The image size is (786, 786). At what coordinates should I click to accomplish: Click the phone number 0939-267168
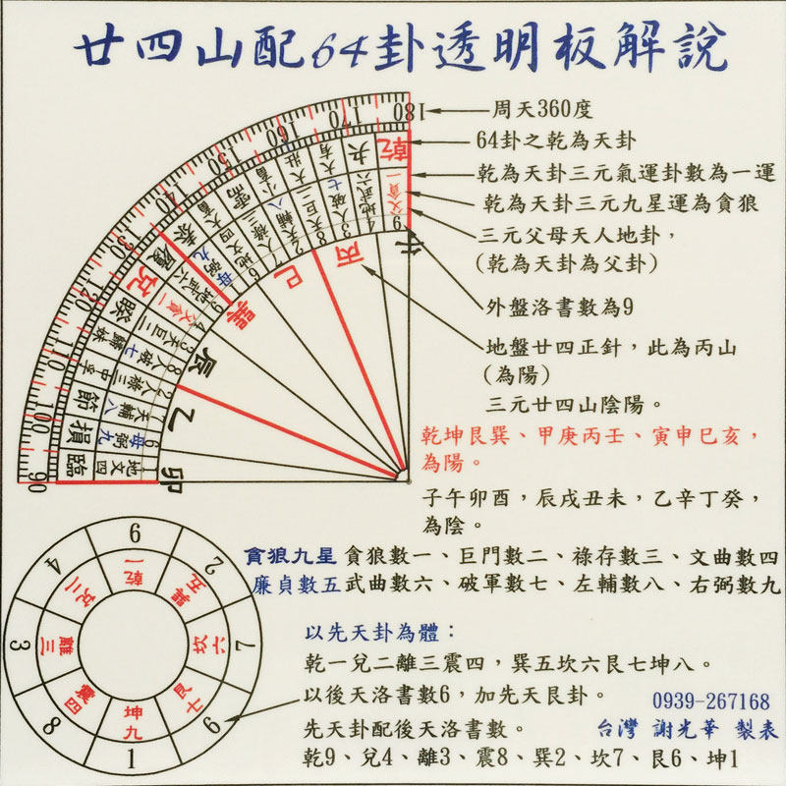click(710, 702)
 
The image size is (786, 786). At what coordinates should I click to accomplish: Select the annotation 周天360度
click(543, 110)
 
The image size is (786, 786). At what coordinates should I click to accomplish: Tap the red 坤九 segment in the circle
click(135, 720)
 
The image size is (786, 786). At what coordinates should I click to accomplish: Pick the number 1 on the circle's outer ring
click(134, 759)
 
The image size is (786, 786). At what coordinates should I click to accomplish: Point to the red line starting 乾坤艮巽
click(589, 434)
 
